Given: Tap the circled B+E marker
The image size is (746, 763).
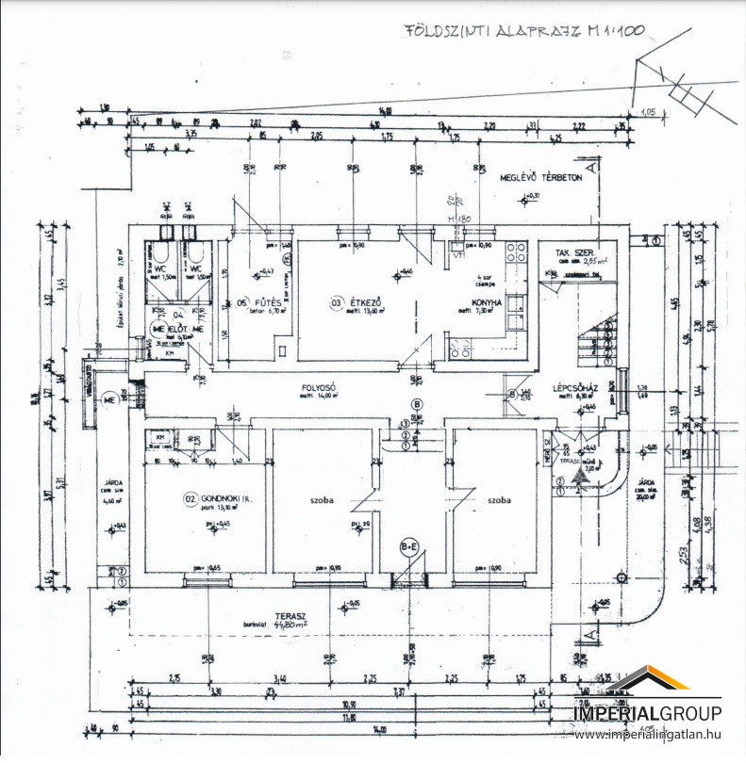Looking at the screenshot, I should coord(410,545).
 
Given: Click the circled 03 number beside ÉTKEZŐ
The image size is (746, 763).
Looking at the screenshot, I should coord(337,302).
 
